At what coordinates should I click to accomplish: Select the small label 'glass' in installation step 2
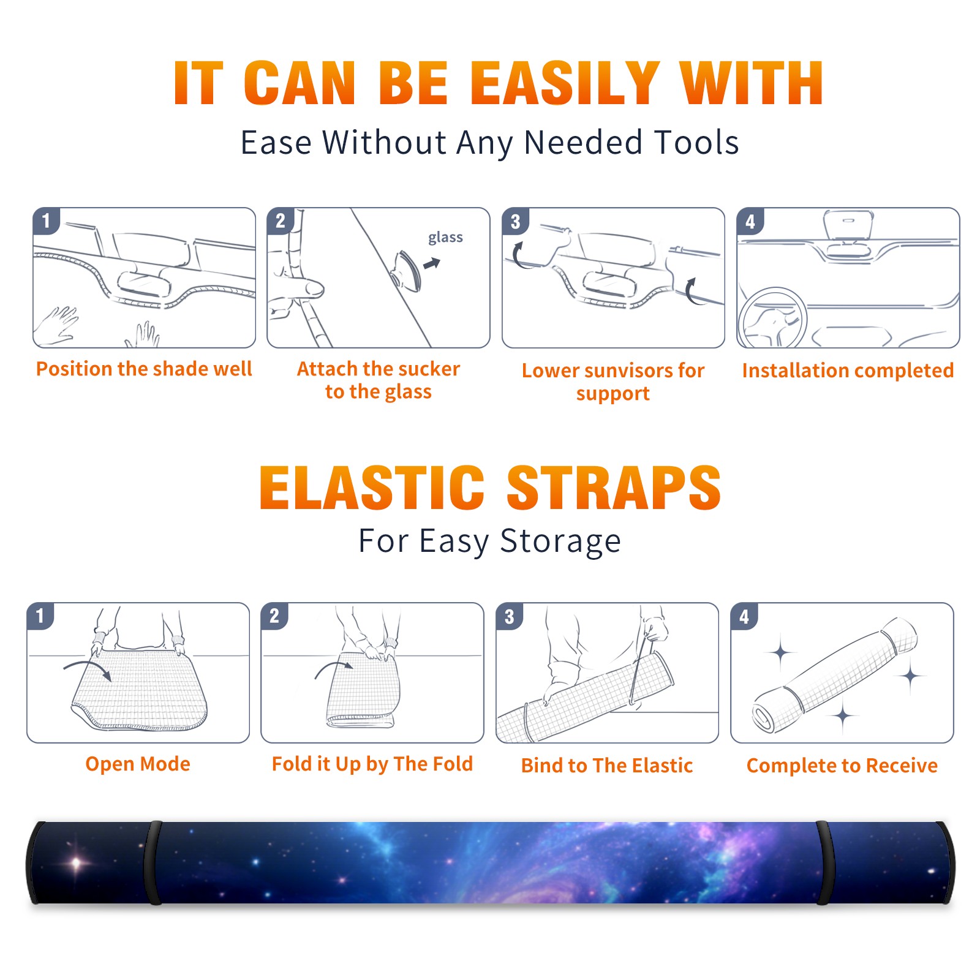tap(445, 238)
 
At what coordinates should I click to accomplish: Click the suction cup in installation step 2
tap(407, 270)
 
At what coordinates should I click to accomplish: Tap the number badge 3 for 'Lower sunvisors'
tap(515, 221)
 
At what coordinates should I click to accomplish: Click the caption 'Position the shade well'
tap(144, 369)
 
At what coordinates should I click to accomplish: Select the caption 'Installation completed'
tap(848, 371)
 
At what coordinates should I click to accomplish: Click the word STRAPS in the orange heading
tap(614, 488)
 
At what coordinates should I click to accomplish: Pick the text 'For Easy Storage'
tap(490, 541)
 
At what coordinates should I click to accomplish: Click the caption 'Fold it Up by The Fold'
tap(372, 764)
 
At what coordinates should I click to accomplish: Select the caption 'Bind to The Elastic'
tap(607, 766)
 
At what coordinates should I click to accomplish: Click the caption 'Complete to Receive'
tap(842, 766)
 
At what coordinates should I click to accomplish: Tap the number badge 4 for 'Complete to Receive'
tap(744, 616)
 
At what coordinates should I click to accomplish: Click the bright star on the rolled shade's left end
tap(76, 863)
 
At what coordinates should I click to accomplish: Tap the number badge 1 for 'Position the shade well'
tap(46, 221)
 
